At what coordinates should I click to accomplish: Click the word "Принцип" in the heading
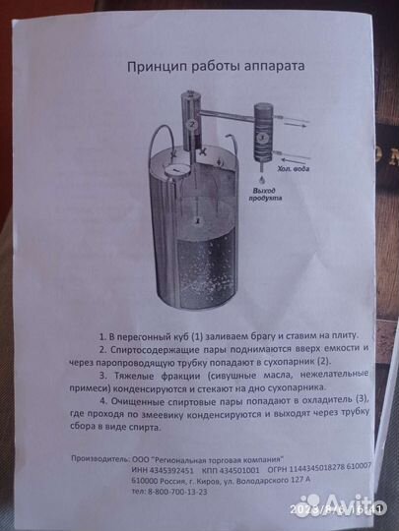point(153,67)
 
